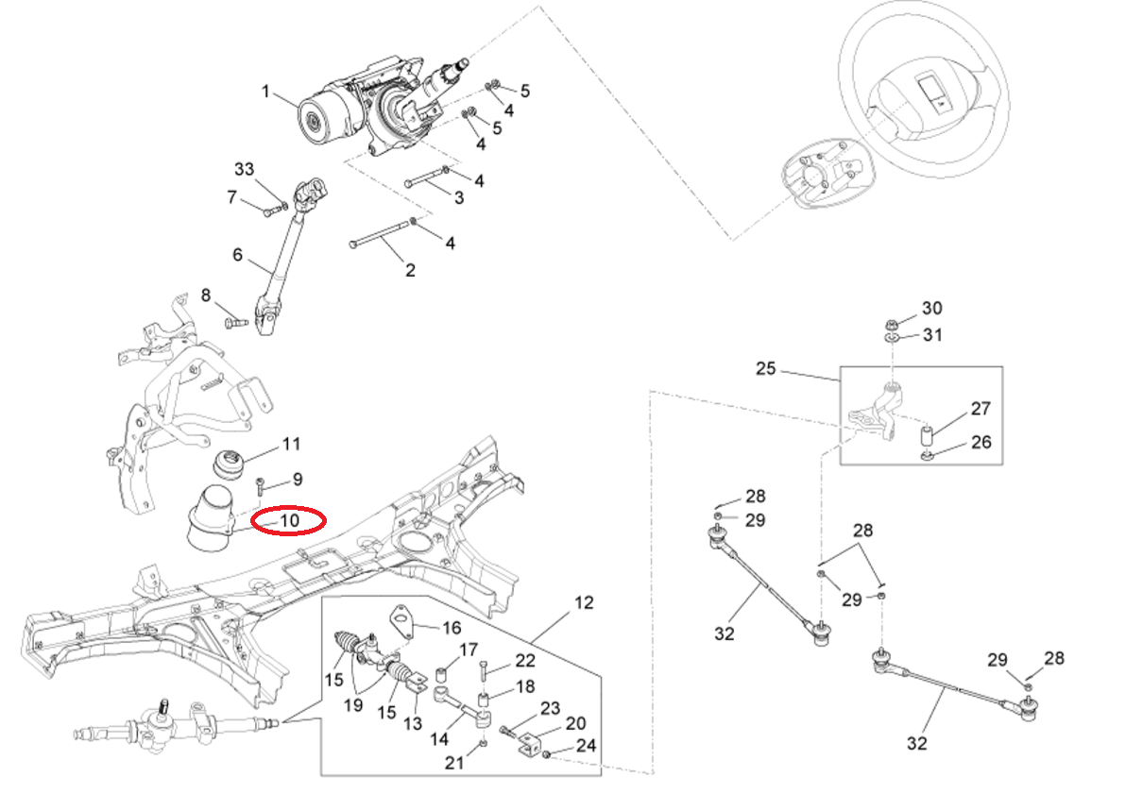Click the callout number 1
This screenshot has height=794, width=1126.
(266, 93)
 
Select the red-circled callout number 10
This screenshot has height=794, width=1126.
(289, 520)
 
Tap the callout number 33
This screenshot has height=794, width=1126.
(245, 169)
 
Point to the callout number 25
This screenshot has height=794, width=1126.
(765, 368)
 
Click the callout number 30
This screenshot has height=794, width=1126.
(932, 308)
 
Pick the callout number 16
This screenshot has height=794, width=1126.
(452, 627)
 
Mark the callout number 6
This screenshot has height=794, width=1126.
(238, 255)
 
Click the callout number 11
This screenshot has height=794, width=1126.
(291, 443)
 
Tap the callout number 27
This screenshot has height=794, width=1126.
(981, 410)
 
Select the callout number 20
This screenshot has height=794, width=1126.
(575, 724)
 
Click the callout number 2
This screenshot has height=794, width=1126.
(410, 270)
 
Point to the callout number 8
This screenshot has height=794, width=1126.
(207, 296)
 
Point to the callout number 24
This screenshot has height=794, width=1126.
(586, 746)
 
